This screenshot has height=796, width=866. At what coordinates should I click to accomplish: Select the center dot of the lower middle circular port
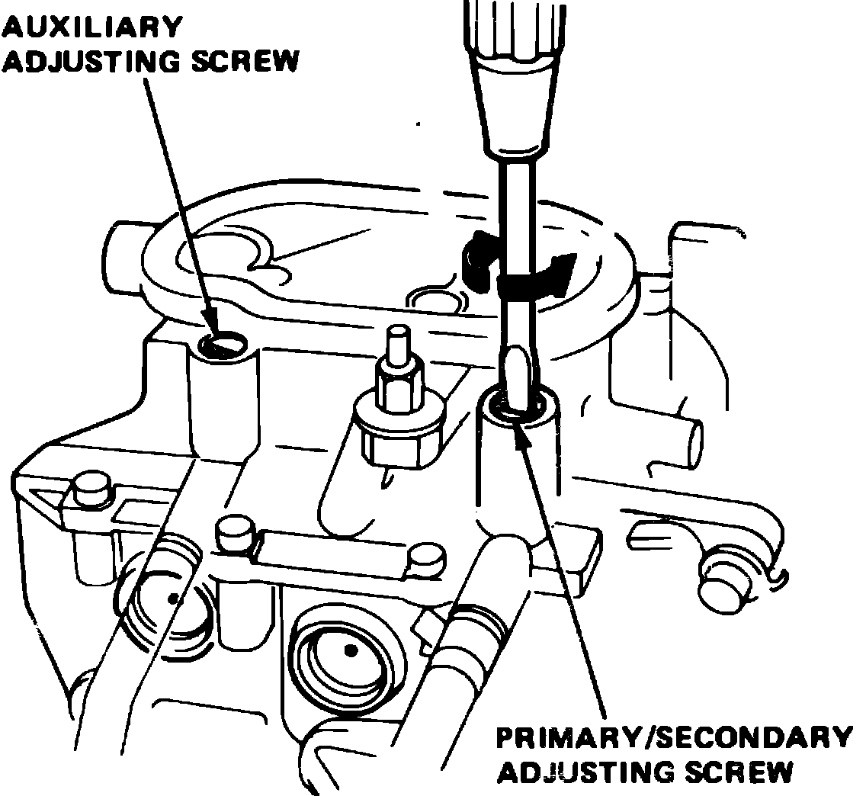350,650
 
